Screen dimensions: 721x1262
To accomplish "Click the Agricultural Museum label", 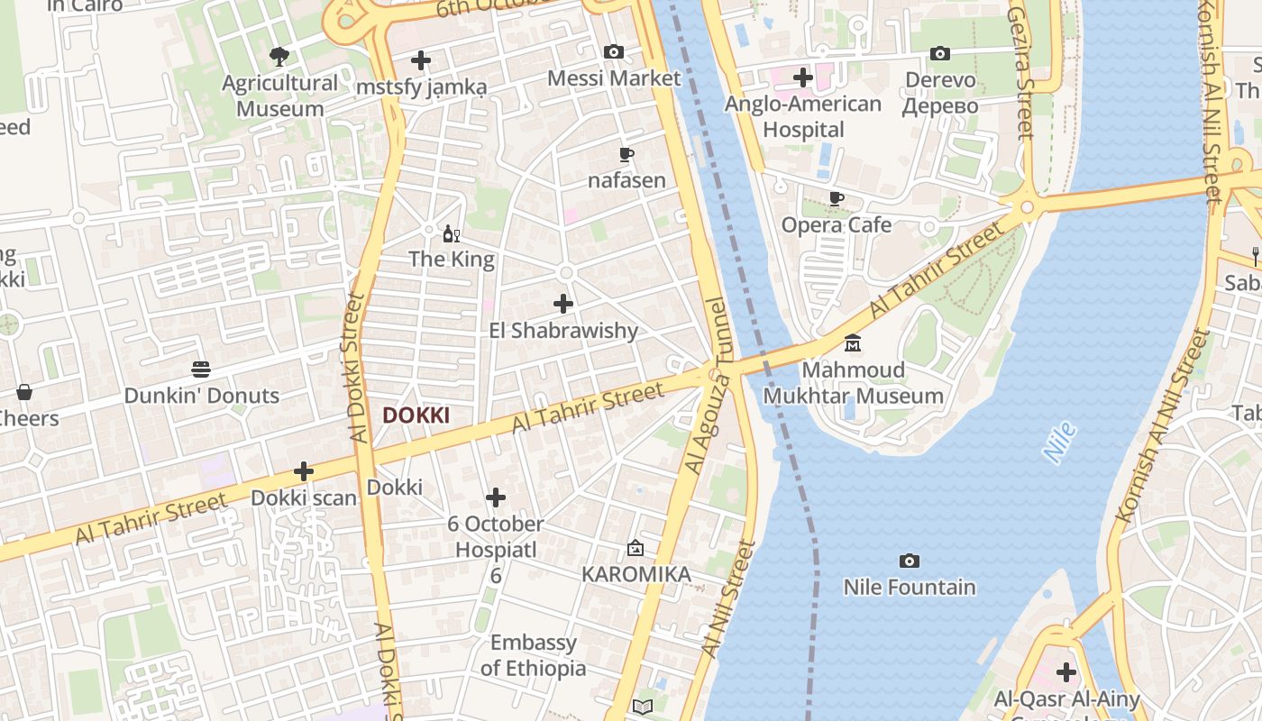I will click(x=279, y=96).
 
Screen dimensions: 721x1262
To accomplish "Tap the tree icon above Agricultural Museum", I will click(x=279, y=57).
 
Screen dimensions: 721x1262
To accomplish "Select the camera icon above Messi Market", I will click(x=614, y=52).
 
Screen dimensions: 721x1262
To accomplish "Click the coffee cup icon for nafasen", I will click(x=626, y=154).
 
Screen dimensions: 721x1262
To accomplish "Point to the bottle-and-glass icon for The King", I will click(x=452, y=234).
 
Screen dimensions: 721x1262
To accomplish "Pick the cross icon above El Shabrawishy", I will click(x=563, y=304).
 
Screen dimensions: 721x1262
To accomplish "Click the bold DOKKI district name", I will click(x=416, y=415).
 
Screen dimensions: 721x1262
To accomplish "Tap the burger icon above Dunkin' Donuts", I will click(x=201, y=370).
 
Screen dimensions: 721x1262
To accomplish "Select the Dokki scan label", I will click(x=304, y=497).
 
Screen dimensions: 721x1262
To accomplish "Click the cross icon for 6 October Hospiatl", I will click(x=496, y=497).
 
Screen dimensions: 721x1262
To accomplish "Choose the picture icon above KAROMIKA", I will click(x=636, y=548).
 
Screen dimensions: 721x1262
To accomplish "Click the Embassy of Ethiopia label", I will click(x=534, y=655).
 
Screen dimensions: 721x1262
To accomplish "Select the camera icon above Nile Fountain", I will click(x=910, y=561).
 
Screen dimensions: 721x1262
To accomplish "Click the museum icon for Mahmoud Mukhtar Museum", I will click(x=853, y=343).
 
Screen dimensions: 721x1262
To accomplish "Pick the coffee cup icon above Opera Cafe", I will click(x=837, y=198).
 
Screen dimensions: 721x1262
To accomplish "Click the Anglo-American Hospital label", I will click(x=803, y=116).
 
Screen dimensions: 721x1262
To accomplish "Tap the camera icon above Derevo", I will click(x=940, y=54).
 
